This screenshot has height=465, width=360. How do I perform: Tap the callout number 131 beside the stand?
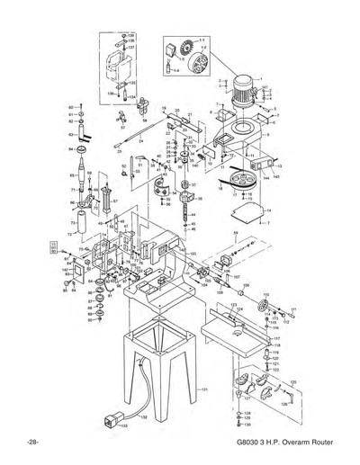tap(204, 388)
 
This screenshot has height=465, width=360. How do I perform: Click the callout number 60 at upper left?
tap(71, 107)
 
